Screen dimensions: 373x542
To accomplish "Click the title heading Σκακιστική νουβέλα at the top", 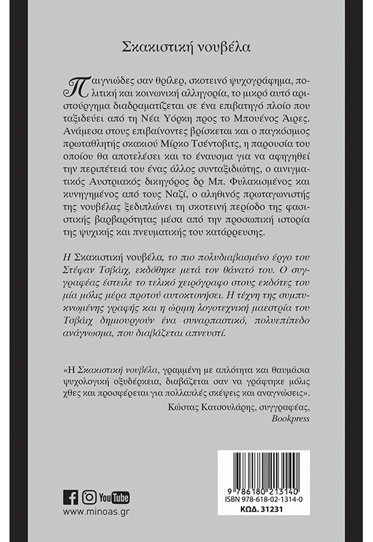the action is [186, 47].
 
